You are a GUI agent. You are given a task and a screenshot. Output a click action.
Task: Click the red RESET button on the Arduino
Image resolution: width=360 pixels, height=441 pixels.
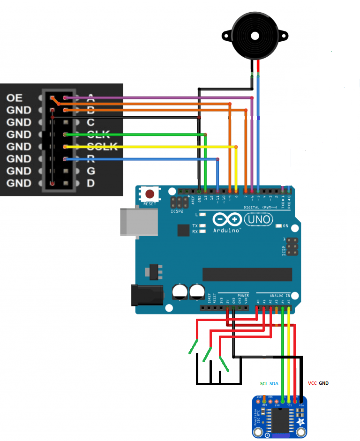[150, 194]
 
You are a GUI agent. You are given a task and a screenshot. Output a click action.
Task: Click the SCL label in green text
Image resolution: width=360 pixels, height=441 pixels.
[263, 383]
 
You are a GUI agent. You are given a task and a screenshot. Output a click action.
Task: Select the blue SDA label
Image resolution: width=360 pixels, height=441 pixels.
[274, 383]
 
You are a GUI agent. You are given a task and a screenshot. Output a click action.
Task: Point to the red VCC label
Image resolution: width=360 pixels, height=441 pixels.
[312, 383]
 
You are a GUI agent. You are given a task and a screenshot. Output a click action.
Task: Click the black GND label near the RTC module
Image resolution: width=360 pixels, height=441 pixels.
[323, 383]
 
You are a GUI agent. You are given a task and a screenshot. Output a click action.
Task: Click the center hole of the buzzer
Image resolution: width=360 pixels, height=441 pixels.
[255, 36]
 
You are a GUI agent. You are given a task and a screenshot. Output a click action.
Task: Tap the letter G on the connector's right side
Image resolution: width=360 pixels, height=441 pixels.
[91, 171]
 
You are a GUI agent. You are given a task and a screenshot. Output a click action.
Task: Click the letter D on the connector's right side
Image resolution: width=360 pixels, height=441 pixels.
[91, 183]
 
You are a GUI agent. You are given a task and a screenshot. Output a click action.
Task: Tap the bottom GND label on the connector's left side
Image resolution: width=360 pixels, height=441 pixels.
[19, 183]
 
